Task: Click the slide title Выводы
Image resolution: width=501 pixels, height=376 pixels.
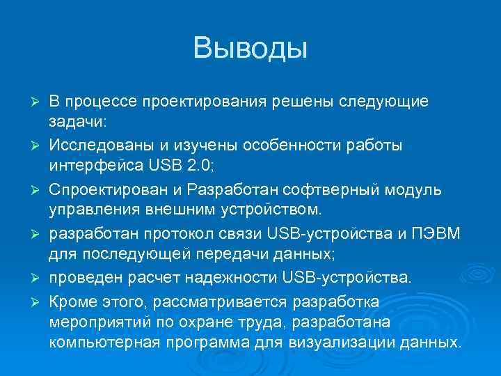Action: (x=250, y=49)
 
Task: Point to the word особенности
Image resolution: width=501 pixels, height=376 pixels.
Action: (x=260, y=146)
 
